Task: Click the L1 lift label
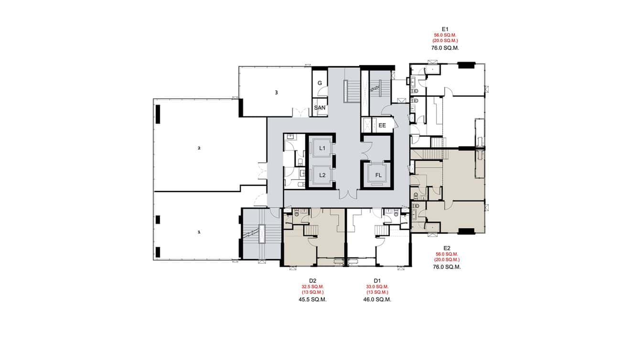pos(322,148)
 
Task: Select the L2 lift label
pos(322,175)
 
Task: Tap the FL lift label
pos(378,175)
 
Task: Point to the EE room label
pos(382,126)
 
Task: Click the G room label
pos(320,83)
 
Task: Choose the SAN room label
pos(320,108)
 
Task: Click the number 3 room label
pos(276,93)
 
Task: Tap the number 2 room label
pos(199,148)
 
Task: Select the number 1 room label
pos(199,232)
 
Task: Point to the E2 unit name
pos(447,248)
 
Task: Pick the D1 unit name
pos(377,280)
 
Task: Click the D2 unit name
pos(313,280)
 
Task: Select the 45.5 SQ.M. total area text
pos(313,299)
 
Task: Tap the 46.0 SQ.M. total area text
pos(377,299)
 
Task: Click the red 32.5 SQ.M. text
pos(313,286)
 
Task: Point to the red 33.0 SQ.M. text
pos(377,286)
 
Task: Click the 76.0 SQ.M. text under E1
pos(445,48)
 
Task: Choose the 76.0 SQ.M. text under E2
pos(447,267)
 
